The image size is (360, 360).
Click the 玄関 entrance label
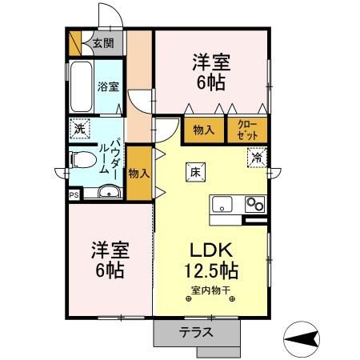tap(102, 43)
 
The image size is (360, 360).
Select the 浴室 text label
tap(108, 86)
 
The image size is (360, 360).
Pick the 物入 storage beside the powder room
tap(138, 172)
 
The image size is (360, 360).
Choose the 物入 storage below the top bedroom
tap(204, 130)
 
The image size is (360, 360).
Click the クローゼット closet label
tap(246, 130)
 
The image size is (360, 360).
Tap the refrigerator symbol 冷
tap(256, 158)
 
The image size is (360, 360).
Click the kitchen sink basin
tap(222, 203)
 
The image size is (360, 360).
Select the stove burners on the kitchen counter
tap(254, 203)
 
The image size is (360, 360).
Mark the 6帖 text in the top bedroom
tap(212, 82)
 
